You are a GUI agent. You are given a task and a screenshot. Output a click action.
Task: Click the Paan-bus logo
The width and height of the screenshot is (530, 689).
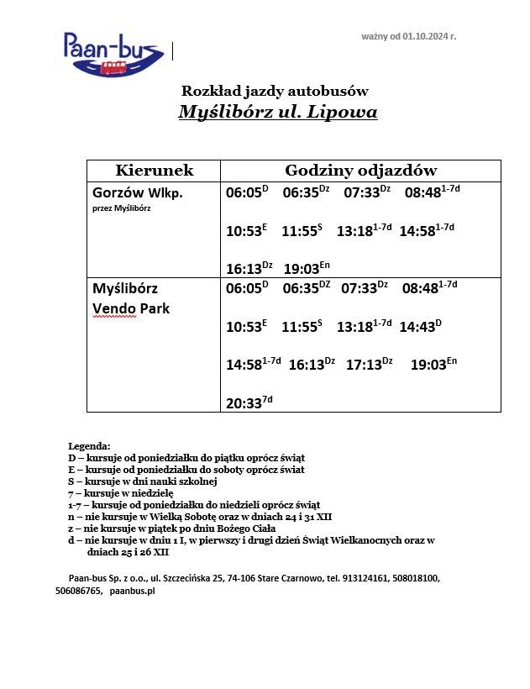pyautogui.click(x=113, y=53)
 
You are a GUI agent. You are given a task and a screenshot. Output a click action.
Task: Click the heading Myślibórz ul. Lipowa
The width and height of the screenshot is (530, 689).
pyautogui.click(x=277, y=113)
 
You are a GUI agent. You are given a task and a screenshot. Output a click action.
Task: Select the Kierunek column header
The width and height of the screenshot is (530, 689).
pyautogui.click(x=154, y=171)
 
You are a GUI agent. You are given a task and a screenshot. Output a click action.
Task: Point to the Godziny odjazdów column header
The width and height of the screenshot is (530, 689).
pyautogui.click(x=360, y=171)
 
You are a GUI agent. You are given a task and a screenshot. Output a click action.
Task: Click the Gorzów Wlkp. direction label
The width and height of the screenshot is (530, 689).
pyautogui.click(x=138, y=192)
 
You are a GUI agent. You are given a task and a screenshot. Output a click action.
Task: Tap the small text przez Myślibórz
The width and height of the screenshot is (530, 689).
pyautogui.click(x=122, y=208)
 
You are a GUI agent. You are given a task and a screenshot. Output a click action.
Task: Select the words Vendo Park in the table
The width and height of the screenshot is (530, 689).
pyautogui.click(x=131, y=308)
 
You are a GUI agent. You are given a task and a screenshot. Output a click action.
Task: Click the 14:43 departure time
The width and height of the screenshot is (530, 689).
pyautogui.click(x=417, y=325)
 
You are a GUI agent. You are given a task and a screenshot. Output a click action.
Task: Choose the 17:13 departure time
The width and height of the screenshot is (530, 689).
pyautogui.click(x=365, y=365)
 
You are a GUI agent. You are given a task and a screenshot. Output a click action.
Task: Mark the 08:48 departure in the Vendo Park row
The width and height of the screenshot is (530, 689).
pyautogui.click(x=421, y=288)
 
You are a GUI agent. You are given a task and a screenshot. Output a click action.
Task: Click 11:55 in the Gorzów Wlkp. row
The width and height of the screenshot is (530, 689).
pyautogui.click(x=297, y=231)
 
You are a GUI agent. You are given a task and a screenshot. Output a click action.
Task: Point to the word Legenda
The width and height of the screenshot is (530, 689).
pyautogui.click(x=89, y=445)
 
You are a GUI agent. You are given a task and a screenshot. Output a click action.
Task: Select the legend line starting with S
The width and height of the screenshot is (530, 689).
pyautogui.click(x=143, y=481)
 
